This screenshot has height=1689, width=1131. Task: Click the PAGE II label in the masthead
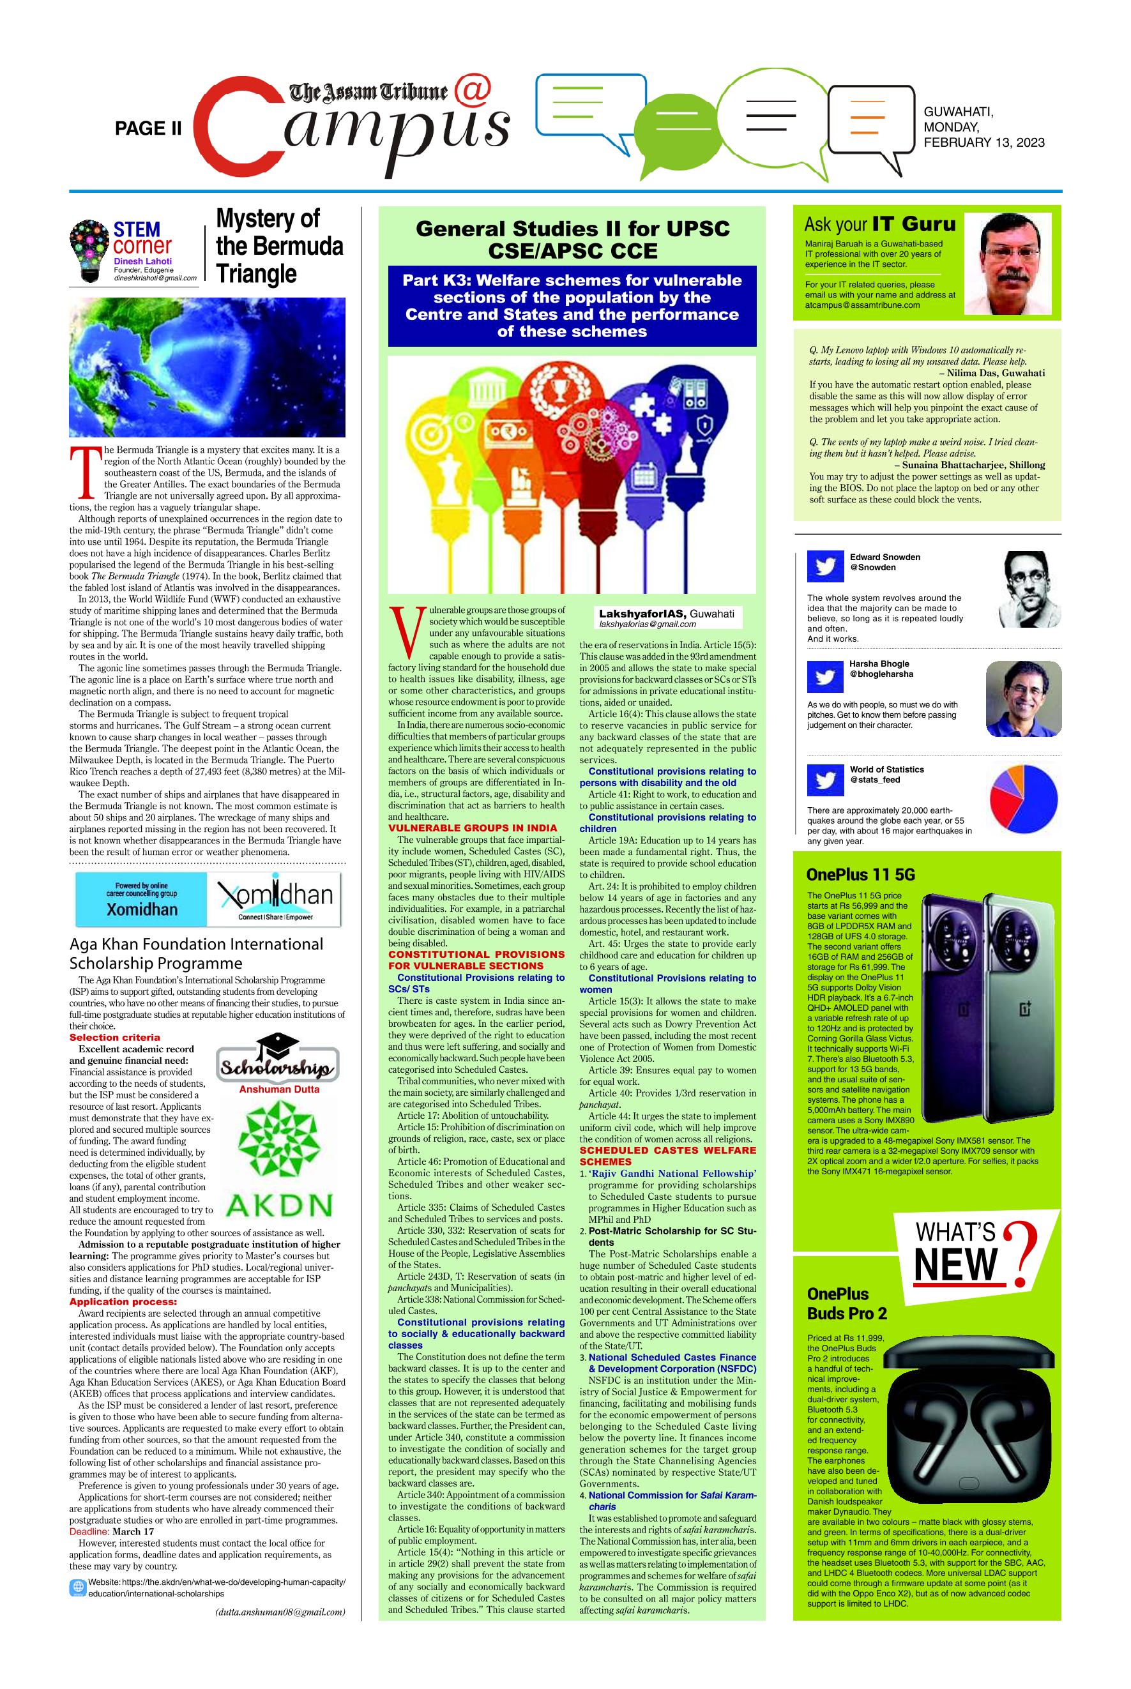(149, 129)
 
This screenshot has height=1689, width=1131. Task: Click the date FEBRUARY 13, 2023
(984, 143)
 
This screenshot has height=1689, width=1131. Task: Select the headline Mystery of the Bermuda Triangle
(279, 246)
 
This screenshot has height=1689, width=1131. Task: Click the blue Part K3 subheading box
(572, 306)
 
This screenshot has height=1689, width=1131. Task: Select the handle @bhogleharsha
(881, 674)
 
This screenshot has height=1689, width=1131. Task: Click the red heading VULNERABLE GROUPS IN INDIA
(473, 828)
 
